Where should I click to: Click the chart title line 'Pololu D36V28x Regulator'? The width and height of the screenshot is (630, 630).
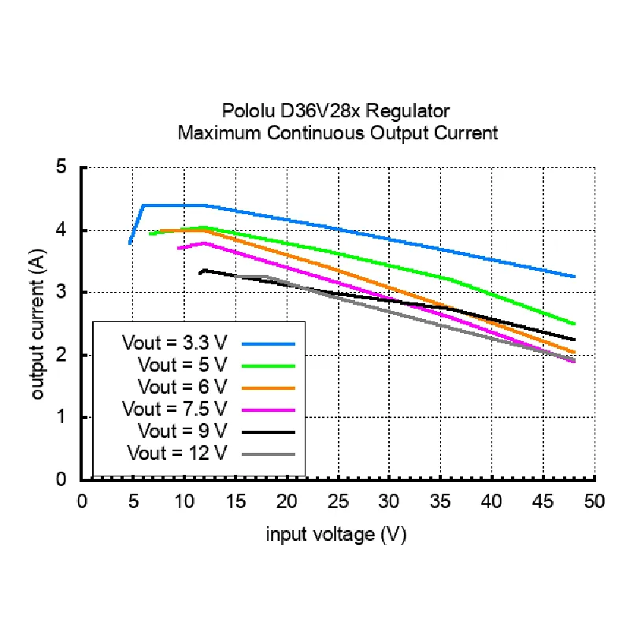[336, 111]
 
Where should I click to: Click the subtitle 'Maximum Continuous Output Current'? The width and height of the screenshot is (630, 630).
[338, 133]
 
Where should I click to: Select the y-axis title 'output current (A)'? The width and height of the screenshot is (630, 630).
[37, 324]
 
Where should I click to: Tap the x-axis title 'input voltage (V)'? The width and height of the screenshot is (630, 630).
[336, 535]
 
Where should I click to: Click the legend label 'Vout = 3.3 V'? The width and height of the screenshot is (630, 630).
[174, 343]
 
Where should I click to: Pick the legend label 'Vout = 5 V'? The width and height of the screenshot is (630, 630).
[183, 365]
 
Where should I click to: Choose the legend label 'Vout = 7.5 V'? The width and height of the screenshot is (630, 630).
[174, 409]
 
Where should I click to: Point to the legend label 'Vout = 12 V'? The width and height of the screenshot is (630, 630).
[177, 454]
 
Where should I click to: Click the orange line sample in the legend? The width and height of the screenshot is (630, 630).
[269, 388]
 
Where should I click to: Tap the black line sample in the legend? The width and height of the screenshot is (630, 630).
[269, 432]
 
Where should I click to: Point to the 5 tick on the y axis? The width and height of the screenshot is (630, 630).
[61, 166]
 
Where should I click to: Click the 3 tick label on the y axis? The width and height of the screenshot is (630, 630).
[61, 292]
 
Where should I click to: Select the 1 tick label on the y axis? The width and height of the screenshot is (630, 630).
[61, 417]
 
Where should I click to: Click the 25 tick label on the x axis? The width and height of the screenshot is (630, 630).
[338, 502]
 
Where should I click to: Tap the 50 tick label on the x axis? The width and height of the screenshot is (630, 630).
[595, 502]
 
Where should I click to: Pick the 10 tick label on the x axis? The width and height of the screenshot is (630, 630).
[184, 502]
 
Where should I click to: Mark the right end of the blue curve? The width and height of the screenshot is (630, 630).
[574, 276]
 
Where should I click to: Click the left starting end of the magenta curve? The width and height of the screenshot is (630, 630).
[179, 248]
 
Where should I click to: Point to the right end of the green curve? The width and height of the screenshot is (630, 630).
[574, 324]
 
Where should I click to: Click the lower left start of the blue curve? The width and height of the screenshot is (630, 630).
[130, 243]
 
